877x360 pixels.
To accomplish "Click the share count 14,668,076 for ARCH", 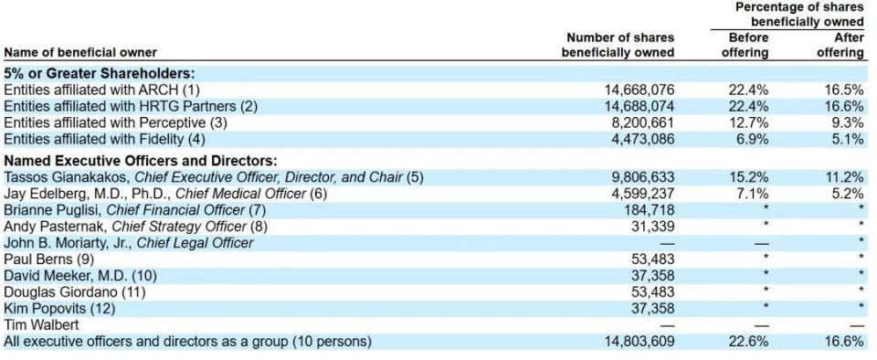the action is click(x=639, y=90).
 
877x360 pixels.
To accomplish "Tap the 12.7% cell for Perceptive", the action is click(x=748, y=122).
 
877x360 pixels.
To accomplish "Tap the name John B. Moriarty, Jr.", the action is click(x=68, y=243).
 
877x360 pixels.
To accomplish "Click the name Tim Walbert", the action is click(x=41, y=324).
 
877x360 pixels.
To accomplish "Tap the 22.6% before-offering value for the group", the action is click(x=748, y=341).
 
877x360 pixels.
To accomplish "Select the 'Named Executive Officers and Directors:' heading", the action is click(x=141, y=162).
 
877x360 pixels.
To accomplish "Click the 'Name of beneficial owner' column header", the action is click(x=80, y=53).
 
